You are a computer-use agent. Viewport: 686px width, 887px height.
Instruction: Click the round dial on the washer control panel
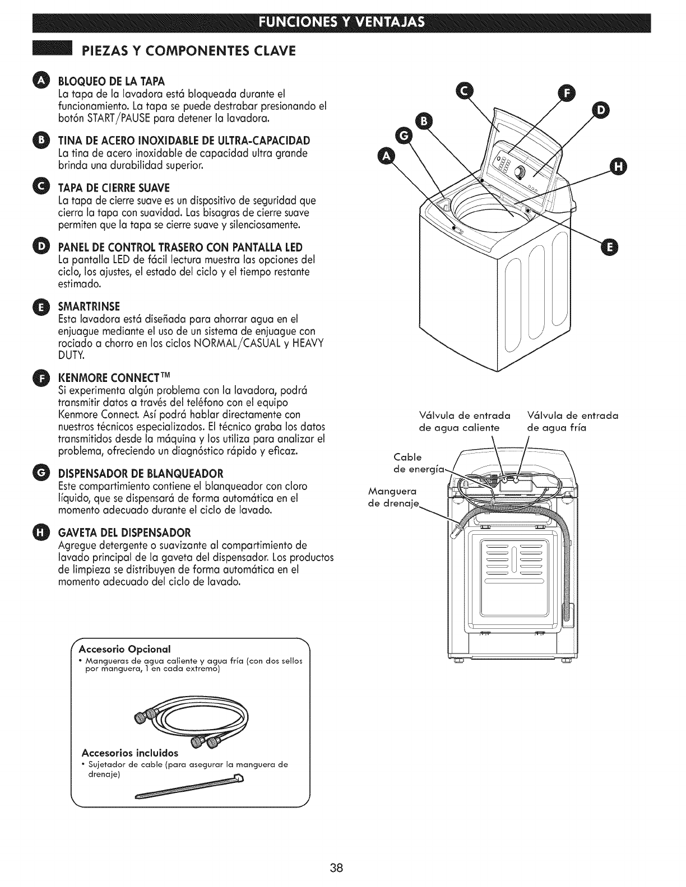click(521, 172)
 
